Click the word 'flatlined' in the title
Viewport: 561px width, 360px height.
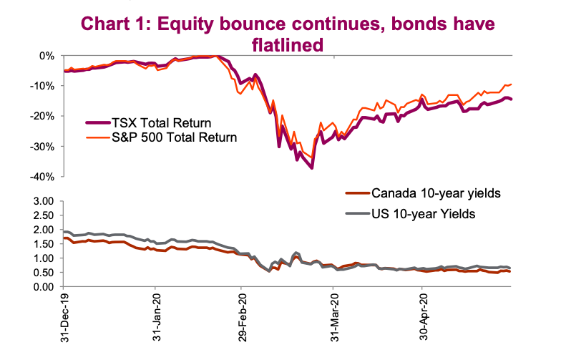[288, 45]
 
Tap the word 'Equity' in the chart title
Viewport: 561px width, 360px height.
[185, 24]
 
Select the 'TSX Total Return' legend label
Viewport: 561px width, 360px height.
[162, 123]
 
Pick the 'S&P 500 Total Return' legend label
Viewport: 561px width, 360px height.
[175, 137]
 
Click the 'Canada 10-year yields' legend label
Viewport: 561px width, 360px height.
[436, 193]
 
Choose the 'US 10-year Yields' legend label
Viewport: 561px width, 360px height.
[424, 214]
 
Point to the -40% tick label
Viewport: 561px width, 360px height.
[42, 177]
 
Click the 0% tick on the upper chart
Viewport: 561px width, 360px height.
[47, 56]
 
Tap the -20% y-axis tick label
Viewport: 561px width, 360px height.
[42, 116]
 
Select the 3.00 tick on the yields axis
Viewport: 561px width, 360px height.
[43, 201]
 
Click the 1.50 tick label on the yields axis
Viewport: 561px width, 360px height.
[43, 244]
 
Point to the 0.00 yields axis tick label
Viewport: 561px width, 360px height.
[43, 287]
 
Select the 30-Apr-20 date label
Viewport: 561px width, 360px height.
[424, 316]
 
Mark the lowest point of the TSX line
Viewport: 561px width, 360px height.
[312, 168]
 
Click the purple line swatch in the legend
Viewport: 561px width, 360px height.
[97, 123]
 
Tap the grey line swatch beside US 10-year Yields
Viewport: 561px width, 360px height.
[358, 214]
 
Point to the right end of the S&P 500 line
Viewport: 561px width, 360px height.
[511, 84]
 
